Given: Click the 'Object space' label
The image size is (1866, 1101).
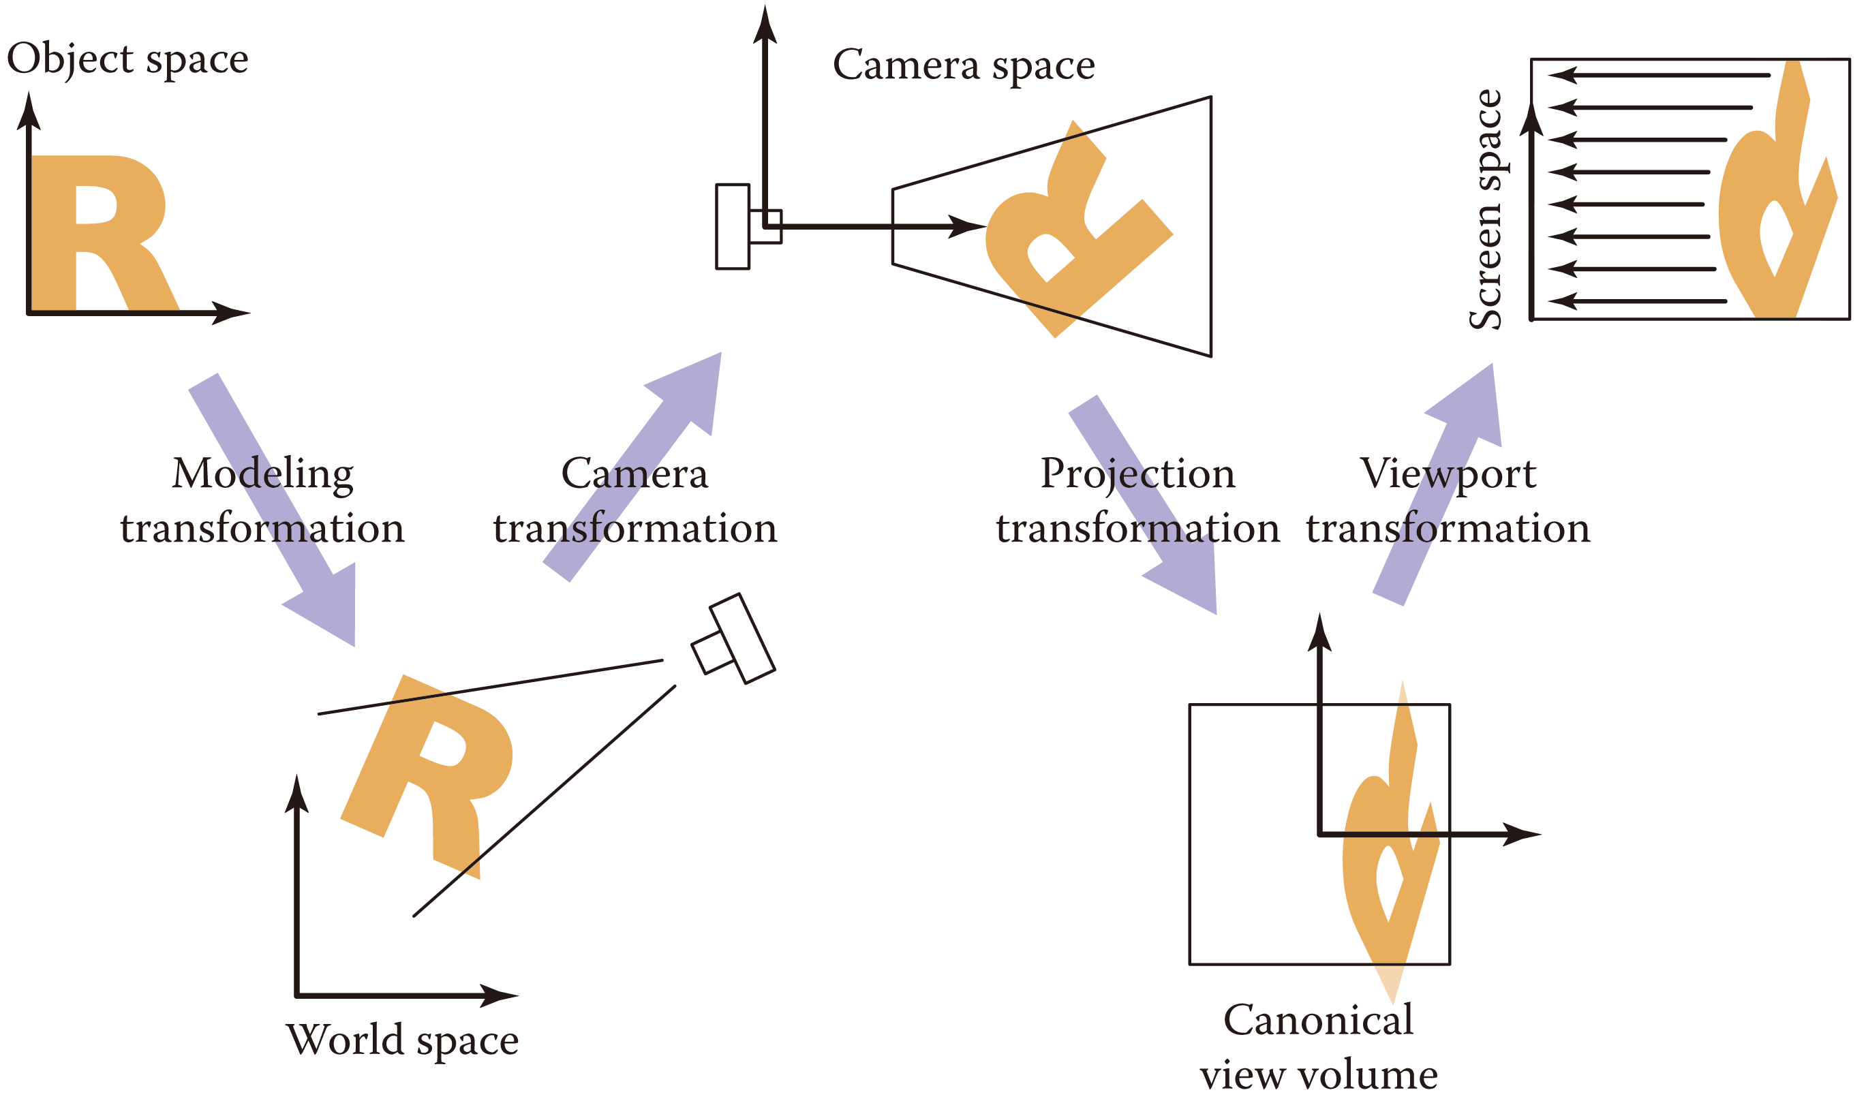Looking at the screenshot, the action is (127, 59).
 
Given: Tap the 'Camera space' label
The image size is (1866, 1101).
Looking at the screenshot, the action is (964, 65).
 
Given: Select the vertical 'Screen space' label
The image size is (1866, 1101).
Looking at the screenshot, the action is (1486, 209).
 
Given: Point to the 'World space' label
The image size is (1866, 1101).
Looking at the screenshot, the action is (402, 1040).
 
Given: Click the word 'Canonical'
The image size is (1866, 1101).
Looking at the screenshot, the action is (1319, 1019).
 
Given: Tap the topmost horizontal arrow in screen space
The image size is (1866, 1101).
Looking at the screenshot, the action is (1658, 75).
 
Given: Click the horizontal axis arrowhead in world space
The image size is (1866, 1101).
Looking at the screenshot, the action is (499, 995).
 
